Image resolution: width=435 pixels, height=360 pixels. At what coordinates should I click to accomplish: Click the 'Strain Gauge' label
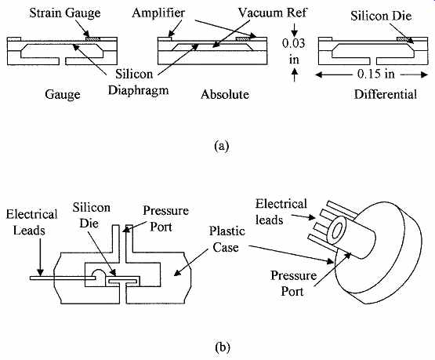65,13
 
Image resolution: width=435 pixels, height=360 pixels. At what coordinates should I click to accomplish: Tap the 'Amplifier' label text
158,13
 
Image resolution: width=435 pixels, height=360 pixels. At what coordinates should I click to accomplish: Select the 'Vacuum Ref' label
273,13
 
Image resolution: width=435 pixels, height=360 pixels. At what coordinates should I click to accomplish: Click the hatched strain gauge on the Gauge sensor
92,39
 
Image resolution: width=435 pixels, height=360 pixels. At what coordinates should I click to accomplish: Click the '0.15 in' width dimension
376,74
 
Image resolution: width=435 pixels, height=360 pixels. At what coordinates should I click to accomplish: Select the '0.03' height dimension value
293,43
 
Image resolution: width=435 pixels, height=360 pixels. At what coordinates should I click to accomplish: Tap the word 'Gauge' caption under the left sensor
63,95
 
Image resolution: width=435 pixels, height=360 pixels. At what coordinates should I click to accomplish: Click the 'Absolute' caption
225,94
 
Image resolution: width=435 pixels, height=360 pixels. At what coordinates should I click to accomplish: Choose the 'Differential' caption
386,94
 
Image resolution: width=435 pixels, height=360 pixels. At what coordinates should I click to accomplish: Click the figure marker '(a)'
222,145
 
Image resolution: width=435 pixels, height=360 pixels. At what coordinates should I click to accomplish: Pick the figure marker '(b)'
223,347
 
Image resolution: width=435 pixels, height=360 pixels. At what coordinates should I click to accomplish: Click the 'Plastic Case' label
227,239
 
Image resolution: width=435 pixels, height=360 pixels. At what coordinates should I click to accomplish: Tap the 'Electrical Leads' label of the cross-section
31,222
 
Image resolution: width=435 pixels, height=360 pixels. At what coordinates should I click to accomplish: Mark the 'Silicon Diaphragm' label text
138,82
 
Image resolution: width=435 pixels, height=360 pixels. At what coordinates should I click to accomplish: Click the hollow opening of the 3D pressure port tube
337,231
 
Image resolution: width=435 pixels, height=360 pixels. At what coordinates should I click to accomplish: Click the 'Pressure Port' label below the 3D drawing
293,283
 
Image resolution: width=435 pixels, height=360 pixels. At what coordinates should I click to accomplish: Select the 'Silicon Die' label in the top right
381,16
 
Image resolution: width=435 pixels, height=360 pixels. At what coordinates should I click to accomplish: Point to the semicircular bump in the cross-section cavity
99,274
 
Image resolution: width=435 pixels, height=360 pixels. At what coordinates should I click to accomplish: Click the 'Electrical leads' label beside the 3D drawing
281,212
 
